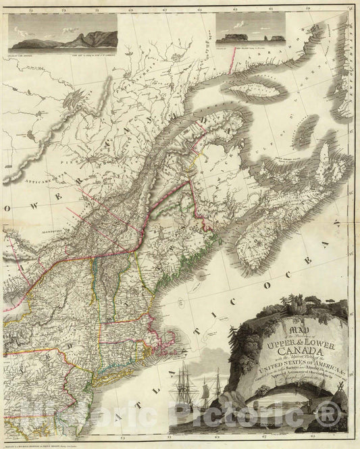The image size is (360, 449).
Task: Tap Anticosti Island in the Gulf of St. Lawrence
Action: (236, 95)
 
